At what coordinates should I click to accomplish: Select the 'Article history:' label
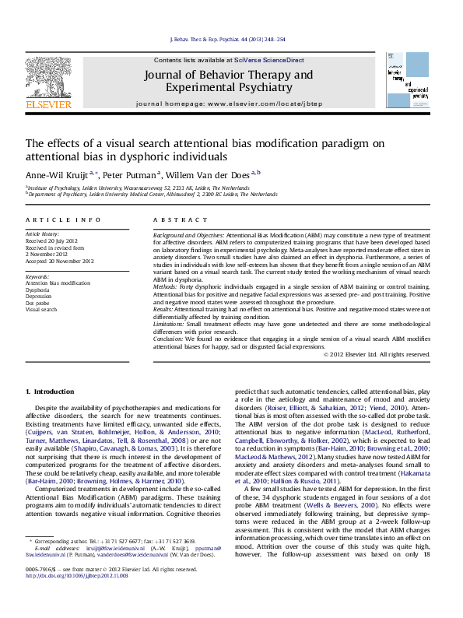42,234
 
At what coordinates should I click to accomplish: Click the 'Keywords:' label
38,276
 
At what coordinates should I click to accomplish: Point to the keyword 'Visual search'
40,308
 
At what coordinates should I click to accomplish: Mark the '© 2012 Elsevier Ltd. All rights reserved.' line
377,355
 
